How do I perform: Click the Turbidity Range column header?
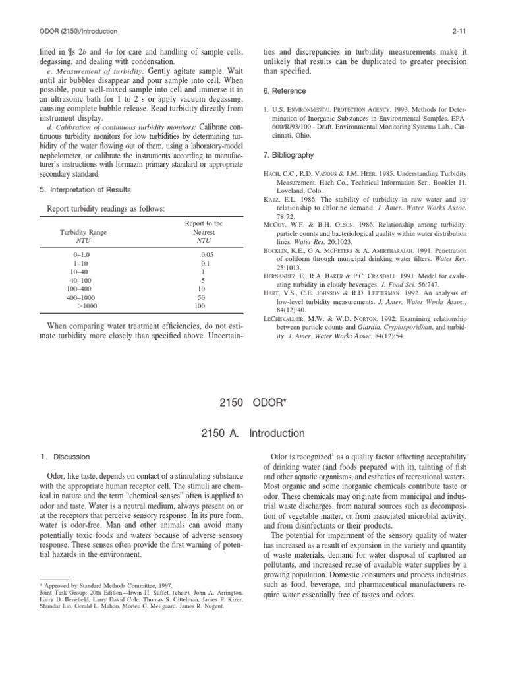point(84,233)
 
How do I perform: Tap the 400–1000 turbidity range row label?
point(83,298)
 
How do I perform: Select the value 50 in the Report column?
point(202,298)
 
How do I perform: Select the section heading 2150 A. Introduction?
point(252,433)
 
